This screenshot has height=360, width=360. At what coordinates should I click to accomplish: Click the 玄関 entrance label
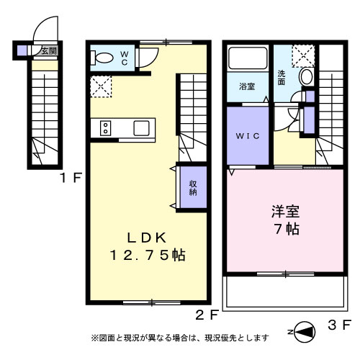point(49,51)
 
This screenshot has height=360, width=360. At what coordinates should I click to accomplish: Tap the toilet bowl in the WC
point(102,58)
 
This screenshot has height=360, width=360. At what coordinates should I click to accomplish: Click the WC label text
point(125,58)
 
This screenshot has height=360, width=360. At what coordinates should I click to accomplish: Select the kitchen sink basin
point(142,128)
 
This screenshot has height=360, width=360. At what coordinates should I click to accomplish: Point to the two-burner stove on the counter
point(105,128)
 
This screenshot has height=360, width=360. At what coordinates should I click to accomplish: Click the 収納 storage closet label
point(193,188)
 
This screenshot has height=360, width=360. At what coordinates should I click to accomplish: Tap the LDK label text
point(147,238)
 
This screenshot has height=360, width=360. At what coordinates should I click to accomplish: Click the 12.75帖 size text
point(148,255)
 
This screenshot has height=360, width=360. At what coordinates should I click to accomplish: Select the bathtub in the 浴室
point(248,58)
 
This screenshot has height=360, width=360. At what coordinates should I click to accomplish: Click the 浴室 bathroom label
point(247,86)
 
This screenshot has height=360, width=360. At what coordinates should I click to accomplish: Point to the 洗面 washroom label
point(282,78)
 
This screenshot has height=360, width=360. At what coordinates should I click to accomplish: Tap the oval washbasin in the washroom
point(307,76)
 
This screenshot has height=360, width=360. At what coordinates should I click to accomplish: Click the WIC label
point(248,136)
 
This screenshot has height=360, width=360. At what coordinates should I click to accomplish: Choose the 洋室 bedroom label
point(285,211)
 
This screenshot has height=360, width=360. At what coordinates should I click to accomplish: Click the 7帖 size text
point(287,229)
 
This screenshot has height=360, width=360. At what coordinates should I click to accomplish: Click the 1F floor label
point(71,178)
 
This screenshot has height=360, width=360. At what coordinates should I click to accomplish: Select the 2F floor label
point(207,315)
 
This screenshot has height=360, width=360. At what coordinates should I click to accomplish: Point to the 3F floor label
point(339,325)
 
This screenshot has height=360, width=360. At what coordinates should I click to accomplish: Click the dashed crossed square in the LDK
point(101,86)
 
